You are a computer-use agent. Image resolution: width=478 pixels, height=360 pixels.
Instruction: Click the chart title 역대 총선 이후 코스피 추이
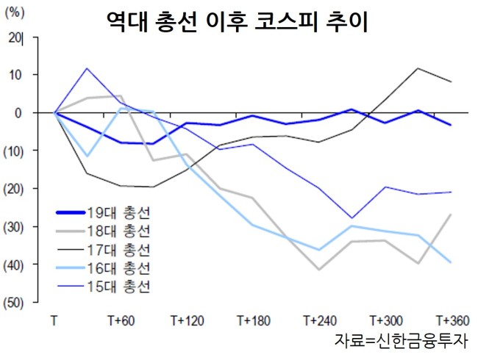238,22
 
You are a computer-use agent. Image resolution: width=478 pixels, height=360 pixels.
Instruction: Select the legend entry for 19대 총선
104,212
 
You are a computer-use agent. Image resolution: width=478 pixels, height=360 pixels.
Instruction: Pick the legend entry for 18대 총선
104,231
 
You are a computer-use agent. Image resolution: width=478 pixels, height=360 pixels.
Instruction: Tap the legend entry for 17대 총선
104,250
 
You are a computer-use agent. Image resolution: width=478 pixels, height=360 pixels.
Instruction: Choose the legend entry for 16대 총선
104,268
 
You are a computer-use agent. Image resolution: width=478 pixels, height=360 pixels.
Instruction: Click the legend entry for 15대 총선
104,287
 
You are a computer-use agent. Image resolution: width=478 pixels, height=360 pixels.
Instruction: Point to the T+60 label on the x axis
121,321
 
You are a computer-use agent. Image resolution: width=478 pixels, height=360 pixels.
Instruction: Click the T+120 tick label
188,321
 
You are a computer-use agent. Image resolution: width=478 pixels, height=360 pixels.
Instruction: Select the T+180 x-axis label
254,321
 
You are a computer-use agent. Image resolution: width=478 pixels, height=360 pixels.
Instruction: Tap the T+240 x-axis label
320,321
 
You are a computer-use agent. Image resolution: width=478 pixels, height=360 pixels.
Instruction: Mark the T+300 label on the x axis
386,321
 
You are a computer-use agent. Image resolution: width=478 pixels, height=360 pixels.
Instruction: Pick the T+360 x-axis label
453,321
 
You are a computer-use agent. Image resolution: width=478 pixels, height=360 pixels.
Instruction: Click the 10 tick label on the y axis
15,75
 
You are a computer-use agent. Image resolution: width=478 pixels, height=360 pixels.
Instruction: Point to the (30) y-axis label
13,227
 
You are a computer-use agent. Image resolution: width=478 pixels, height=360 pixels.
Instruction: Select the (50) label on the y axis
13,303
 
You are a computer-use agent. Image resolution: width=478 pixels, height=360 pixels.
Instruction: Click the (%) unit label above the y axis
15,13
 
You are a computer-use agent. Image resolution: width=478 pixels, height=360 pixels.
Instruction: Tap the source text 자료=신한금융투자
402,340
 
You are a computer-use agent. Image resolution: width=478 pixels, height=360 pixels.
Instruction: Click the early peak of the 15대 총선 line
88,68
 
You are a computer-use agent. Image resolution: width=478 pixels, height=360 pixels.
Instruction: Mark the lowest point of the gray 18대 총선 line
319,270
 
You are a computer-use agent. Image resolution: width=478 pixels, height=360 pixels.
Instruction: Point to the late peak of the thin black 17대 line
418,68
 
